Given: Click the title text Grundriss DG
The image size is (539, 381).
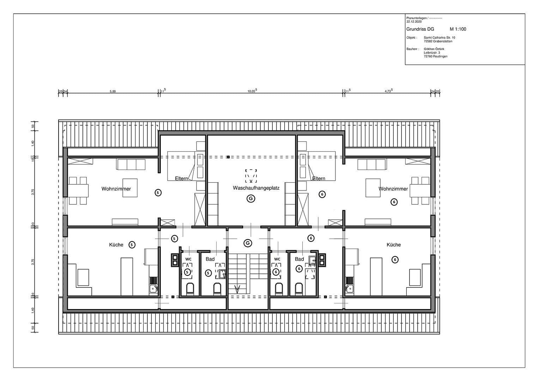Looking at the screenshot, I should pos(420,29).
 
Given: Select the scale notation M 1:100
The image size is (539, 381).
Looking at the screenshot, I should pos(458,29).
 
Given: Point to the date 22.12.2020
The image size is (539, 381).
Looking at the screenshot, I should pos(414,22).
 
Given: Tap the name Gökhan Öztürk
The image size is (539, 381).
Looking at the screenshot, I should pos(434,49).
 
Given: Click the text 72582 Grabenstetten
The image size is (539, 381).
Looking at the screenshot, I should pos(438,41).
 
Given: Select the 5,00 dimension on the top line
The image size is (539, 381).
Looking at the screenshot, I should pos(113,91).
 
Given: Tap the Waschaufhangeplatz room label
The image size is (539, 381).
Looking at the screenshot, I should pos(256,188).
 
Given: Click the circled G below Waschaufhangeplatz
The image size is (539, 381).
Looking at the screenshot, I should pos(251,199).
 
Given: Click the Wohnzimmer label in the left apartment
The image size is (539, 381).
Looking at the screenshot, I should pos(116,189).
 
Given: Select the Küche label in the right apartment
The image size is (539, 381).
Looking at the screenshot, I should pos(393,244).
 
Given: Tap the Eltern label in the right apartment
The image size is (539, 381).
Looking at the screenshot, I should pos(319,179).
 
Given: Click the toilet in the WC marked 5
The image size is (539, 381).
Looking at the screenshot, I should pos(190,289).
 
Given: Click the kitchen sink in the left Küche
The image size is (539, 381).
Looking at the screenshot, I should pos(153,289).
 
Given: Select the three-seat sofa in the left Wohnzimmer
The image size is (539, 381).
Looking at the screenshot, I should pos(131,164).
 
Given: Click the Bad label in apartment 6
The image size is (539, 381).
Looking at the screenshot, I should pos(299,259).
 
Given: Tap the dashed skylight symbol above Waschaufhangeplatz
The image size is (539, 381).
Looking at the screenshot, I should pos(251,175).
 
